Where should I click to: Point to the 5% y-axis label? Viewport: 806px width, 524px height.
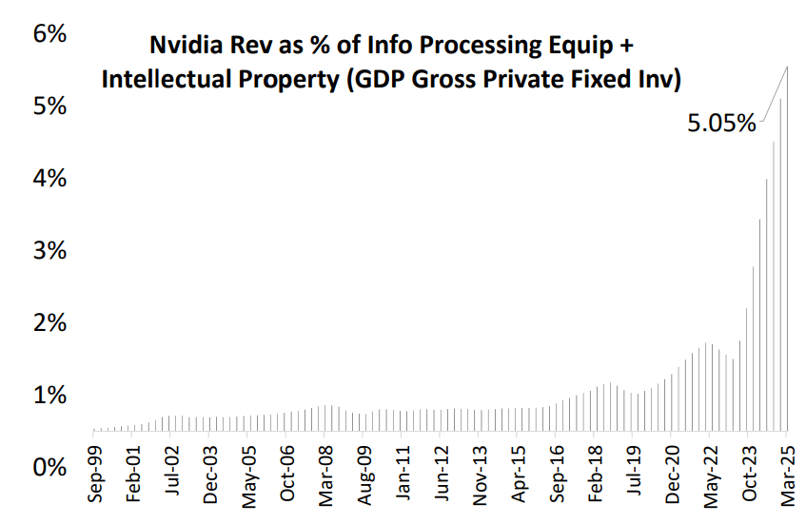[49, 106]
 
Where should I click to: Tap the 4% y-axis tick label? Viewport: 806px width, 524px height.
[49, 178]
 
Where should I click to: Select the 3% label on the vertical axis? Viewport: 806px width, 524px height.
[49, 250]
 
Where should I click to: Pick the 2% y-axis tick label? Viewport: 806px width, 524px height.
[49, 322]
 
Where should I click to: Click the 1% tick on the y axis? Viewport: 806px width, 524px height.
[49, 395]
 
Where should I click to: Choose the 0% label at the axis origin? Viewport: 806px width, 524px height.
[49, 467]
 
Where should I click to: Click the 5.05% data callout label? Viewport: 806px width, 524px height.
[720, 124]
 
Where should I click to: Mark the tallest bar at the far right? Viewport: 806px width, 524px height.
[787, 266]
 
